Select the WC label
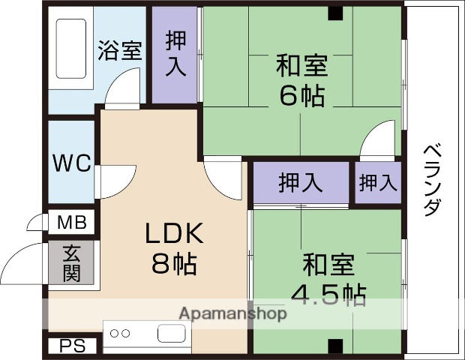71,163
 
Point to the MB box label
73,223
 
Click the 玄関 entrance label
72,263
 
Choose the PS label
73,346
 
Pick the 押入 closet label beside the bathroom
175,53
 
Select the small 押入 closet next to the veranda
377,182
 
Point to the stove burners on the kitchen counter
120,334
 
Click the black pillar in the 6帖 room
334,13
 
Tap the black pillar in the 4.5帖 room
334,346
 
